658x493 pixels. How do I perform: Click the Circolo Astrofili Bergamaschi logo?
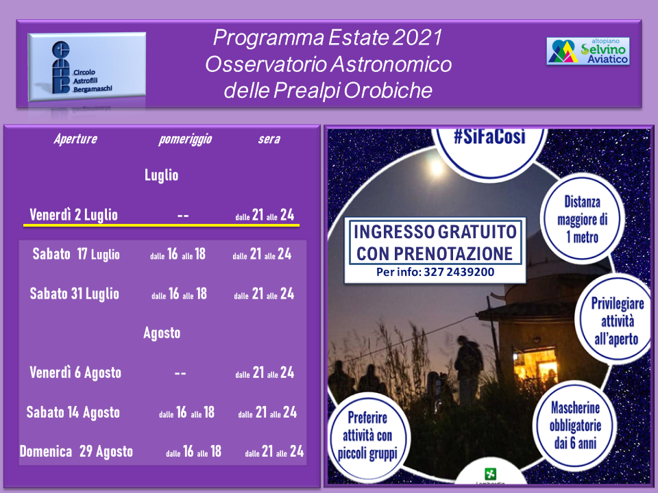pyautogui.click(x=87, y=67)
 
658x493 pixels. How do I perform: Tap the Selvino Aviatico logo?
pyautogui.click(x=588, y=51)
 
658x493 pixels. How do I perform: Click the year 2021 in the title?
pyautogui.click(x=417, y=37)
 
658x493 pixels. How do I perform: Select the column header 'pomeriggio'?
pyautogui.click(x=185, y=139)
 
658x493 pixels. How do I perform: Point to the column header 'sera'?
pyautogui.click(x=269, y=139)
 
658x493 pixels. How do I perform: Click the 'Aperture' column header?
pyautogui.click(x=75, y=139)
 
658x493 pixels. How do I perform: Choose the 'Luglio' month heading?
pyautogui.click(x=162, y=175)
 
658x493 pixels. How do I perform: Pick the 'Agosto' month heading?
pyautogui.click(x=162, y=333)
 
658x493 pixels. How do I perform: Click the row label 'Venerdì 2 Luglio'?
pyautogui.click(x=74, y=215)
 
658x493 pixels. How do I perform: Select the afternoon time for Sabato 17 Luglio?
pyautogui.click(x=178, y=254)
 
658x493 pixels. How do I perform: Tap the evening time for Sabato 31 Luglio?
pyautogui.click(x=264, y=294)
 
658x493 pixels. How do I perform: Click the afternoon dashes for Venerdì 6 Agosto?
pyautogui.click(x=180, y=373)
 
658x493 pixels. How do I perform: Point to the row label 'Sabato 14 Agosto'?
pyautogui.click(x=73, y=412)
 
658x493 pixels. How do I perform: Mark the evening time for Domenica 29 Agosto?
pyautogui.click(x=274, y=451)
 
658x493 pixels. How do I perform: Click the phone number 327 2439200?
pyautogui.click(x=459, y=272)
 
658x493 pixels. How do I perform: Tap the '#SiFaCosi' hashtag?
pyautogui.click(x=489, y=137)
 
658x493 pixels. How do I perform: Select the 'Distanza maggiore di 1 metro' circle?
pyautogui.click(x=582, y=219)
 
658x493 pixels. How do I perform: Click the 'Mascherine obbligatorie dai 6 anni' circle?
pyautogui.click(x=575, y=425)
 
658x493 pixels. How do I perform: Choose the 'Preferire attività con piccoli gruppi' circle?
pyautogui.click(x=367, y=436)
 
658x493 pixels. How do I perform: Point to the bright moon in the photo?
pyautogui.click(x=436, y=168)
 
